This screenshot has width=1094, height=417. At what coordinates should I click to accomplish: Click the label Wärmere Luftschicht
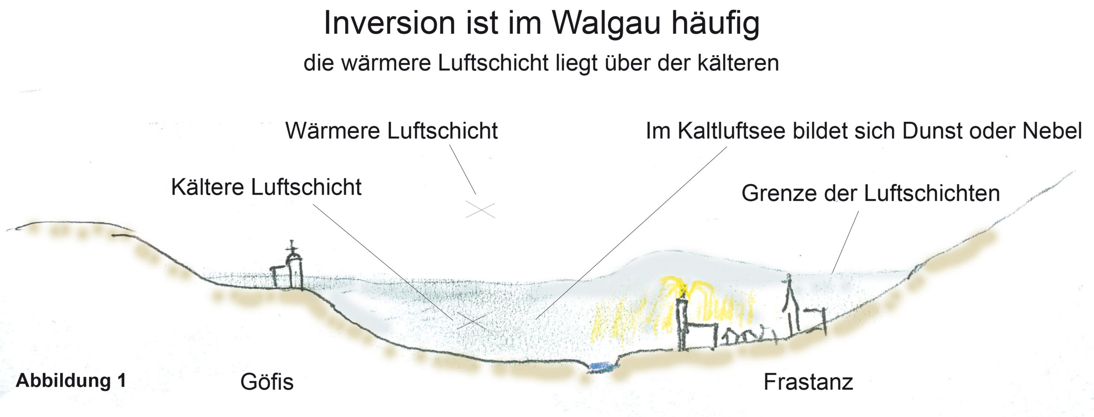391,130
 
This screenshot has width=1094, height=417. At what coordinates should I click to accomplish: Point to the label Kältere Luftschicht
266,187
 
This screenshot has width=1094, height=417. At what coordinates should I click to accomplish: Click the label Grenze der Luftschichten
870,193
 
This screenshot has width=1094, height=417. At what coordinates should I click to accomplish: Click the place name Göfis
267,382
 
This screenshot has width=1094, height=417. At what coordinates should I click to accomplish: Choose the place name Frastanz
808,382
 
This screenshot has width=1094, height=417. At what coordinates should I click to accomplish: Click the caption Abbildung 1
71,380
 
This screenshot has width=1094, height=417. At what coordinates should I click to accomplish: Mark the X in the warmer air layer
480,210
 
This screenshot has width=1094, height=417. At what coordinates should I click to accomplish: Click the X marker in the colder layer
472,321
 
